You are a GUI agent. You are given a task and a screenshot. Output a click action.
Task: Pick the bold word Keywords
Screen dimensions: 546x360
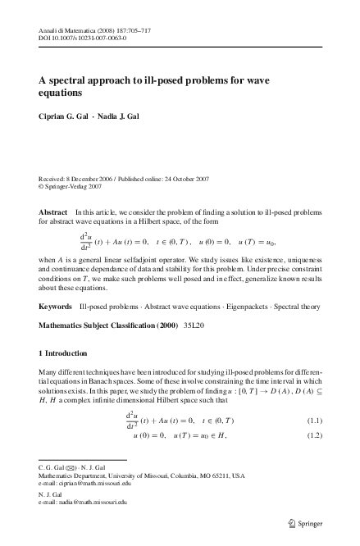(56, 306)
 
